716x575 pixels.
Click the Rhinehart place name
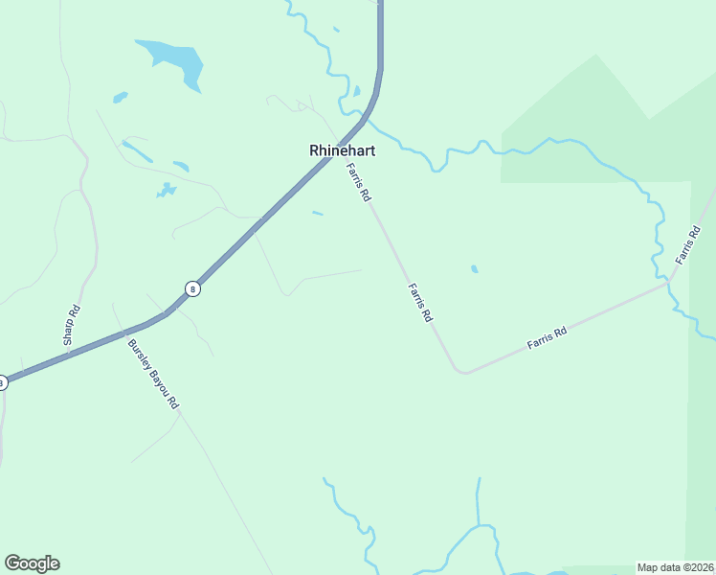click(342, 150)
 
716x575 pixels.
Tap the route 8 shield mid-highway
click(192, 288)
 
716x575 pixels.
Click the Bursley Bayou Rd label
click(153, 374)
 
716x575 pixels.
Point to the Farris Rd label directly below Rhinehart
click(359, 181)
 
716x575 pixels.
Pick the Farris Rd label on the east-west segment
click(547, 337)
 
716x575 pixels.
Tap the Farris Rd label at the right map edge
click(687, 245)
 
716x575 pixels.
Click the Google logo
click(32, 563)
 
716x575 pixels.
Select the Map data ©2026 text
click(676, 567)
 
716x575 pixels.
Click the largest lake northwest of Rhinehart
click(177, 61)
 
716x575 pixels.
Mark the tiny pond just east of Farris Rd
click(475, 269)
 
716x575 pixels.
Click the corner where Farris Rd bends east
click(461, 371)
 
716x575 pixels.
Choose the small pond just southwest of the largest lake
click(120, 97)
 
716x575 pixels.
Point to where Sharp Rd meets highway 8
click(67, 354)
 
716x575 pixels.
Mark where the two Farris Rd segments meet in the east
click(669, 283)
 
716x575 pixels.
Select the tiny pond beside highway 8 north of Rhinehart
click(356, 92)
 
